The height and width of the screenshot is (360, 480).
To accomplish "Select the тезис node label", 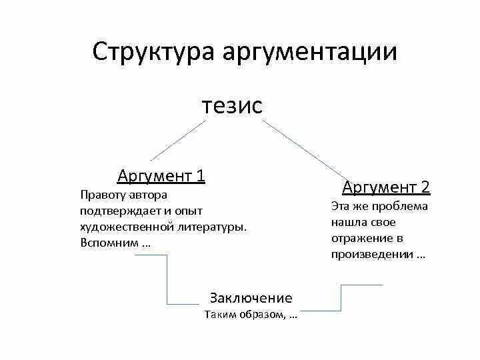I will click(232, 105).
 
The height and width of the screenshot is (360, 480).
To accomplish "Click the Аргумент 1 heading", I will click(161, 176).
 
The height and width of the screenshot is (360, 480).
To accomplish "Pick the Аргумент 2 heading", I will click(386, 187).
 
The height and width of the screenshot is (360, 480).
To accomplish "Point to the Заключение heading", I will click(251, 298).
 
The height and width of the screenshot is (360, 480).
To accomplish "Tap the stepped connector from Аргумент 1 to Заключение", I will click(167, 280).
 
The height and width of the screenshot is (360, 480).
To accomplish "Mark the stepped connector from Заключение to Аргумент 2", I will click(341, 297).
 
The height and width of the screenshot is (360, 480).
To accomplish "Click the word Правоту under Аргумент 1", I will click(103, 195).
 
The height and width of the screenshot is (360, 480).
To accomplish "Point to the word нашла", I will click(347, 222).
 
